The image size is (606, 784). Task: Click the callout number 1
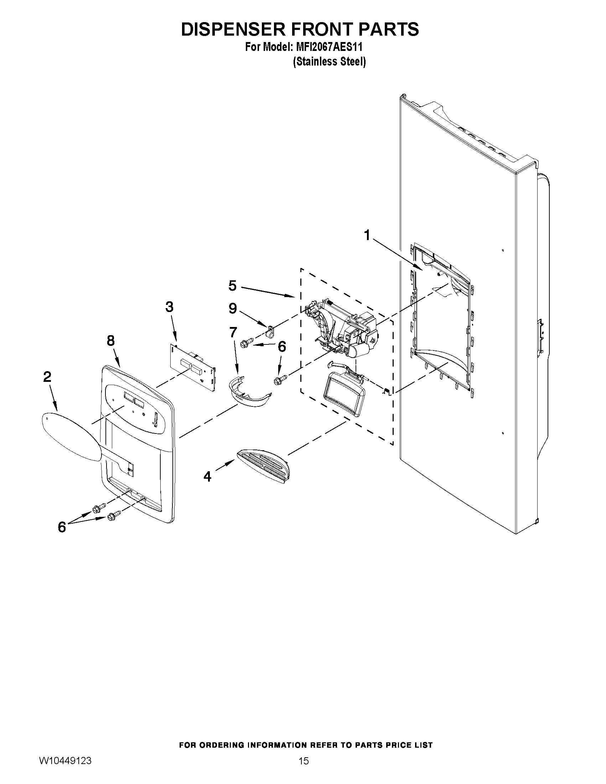point(367,235)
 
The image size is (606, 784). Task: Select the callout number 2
point(47,377)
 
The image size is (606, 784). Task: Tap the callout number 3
point(169,307)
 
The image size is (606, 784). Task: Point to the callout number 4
point(207,476)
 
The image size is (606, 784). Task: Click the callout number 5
point(233,286)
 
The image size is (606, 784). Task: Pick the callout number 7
point(233,332)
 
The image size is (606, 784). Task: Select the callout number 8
point(110,340)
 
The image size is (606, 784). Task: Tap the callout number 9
point(233,308)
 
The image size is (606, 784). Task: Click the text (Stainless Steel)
point(329,62)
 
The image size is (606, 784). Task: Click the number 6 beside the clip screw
point(282,347)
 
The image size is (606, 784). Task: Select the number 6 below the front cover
point(62,527)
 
